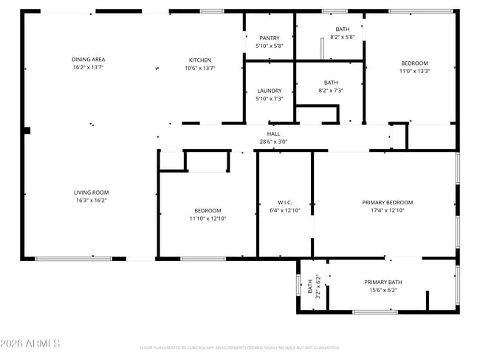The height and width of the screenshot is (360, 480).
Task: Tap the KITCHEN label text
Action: (200, 60)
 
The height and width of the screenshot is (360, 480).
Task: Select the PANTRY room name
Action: (270, 38)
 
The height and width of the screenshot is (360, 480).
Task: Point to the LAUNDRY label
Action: (270, 91)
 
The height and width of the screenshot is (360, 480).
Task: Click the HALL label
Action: (273, 134)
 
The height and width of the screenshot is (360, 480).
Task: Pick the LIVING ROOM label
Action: (92, 193)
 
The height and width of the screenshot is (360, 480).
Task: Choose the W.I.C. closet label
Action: (285, 202)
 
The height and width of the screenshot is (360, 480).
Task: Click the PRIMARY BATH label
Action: (383, 282)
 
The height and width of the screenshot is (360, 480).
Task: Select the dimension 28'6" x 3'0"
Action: (273, 142)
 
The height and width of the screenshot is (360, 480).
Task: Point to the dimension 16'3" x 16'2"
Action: (92, 201)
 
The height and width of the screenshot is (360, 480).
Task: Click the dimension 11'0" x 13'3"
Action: (414, 72)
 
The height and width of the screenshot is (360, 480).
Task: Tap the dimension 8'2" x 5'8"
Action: (330, 37)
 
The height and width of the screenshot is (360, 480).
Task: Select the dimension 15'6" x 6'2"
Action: (383, 290)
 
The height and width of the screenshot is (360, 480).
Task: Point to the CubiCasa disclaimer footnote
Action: (239, 347)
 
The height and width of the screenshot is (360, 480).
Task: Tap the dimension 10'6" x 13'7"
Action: (200, 68)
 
